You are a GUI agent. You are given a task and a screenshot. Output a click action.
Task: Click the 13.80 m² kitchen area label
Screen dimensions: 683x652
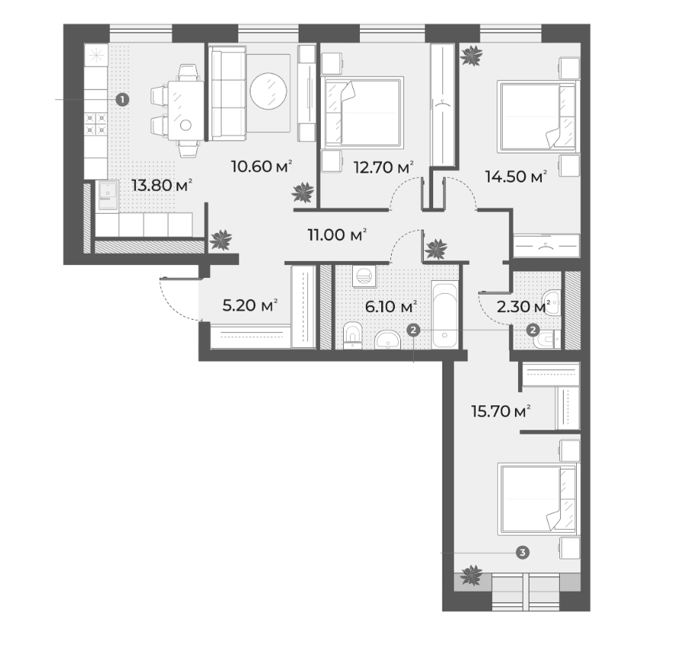coord(162,186)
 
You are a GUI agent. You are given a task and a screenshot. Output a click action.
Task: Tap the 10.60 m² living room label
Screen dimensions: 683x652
coord(261,166)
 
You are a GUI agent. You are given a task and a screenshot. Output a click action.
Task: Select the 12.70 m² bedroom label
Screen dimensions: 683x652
coord(384,167)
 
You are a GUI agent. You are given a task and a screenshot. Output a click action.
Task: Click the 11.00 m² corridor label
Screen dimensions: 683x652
coord(337,235)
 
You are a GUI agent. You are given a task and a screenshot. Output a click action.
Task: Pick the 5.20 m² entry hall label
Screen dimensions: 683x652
coord(250,305)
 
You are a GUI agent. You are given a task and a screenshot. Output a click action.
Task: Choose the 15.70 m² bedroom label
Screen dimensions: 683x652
coord(501,411)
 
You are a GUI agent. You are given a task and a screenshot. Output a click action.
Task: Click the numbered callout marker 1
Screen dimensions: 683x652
coord(122,100)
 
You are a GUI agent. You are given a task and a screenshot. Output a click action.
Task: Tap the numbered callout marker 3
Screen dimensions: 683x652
coord(523,552)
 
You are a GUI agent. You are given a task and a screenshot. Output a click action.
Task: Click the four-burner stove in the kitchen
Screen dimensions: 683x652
coord(95,123)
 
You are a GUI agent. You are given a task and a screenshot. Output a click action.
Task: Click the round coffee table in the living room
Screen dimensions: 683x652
coord(268,91)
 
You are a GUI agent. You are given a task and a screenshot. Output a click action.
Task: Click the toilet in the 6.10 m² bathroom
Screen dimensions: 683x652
coord(352,336)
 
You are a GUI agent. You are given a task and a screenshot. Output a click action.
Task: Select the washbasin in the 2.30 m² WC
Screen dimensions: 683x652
coord(551,302)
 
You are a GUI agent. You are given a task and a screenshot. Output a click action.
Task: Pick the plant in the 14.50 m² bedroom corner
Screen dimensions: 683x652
coord(471,55)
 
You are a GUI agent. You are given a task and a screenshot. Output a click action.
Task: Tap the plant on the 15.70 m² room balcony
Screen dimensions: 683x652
coord(471,575)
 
